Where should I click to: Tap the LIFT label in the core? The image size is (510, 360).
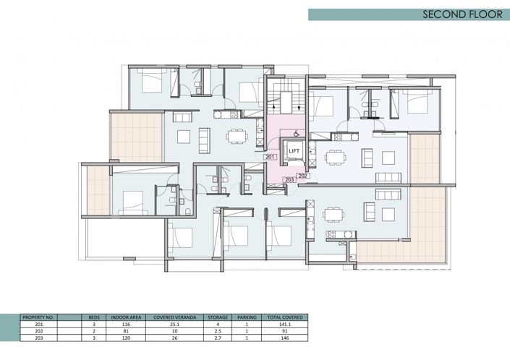(x=294, y=150)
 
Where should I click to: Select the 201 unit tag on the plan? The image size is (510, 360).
(x=270, y=157)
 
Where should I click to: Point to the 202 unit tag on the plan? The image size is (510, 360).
(x=303, y=175)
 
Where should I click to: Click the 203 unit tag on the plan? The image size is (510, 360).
(x=289, y=179)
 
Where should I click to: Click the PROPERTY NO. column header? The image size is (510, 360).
(x=39, y=317)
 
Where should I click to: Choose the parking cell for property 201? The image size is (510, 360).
(x=246, y=324)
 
